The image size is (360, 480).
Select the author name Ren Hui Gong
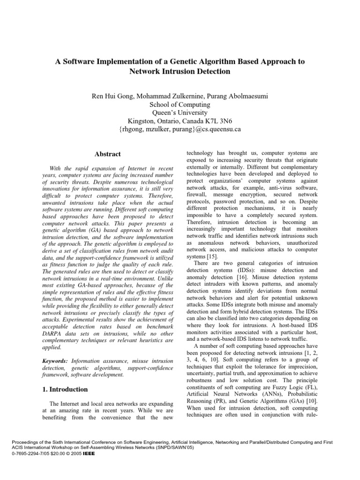tap(114, 96)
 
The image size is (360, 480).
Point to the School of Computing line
tap(180, 105)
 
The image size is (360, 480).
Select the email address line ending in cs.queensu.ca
tap(180, 129)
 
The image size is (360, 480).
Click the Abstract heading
tap(108, 154)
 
